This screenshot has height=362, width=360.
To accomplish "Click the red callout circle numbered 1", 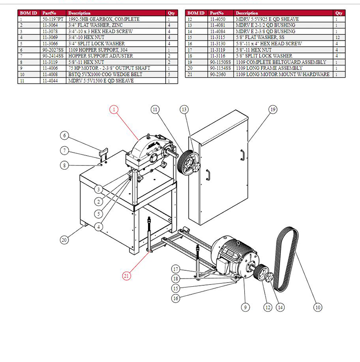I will pyautogui.click(x=113, y=109).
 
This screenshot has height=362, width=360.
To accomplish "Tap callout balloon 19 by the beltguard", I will pyautogui.click(x=272, y=109).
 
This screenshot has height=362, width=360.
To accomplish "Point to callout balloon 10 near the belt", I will pyautogui.click(x=318, y=307).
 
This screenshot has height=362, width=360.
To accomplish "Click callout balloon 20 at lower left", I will pyautogui.click(x=64, y=240).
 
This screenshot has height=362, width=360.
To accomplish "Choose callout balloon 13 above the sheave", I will pyautogui.click(x=184, y=109).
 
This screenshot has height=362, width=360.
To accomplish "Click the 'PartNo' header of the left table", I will pyautogui.click(x=49, y=14).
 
